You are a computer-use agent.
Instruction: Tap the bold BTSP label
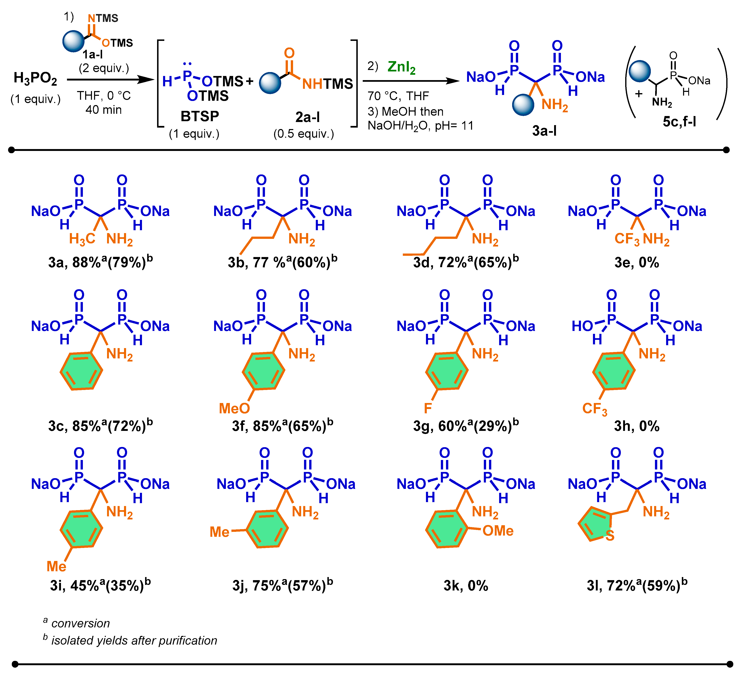(x=200, y=116)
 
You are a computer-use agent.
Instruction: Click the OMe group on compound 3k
(x=498, y=531)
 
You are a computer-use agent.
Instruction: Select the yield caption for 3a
(x=100, y=262)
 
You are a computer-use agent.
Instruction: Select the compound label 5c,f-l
(x=679, y=121)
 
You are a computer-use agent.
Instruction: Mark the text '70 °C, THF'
(x=398, y=96)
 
